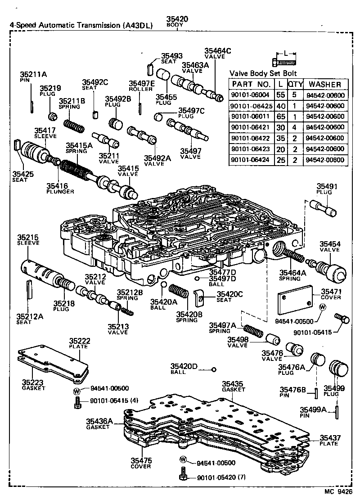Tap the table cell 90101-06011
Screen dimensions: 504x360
[x=251, y=117]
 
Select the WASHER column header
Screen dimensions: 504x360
[x=326, y=84]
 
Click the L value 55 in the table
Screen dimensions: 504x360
[x=280, y=95]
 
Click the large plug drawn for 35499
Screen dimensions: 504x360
[x=338, y=369]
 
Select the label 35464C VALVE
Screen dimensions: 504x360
[x=217, y=54]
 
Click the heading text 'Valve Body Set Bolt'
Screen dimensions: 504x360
[x=263, y=73]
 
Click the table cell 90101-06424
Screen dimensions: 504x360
[x=251, y=160]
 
